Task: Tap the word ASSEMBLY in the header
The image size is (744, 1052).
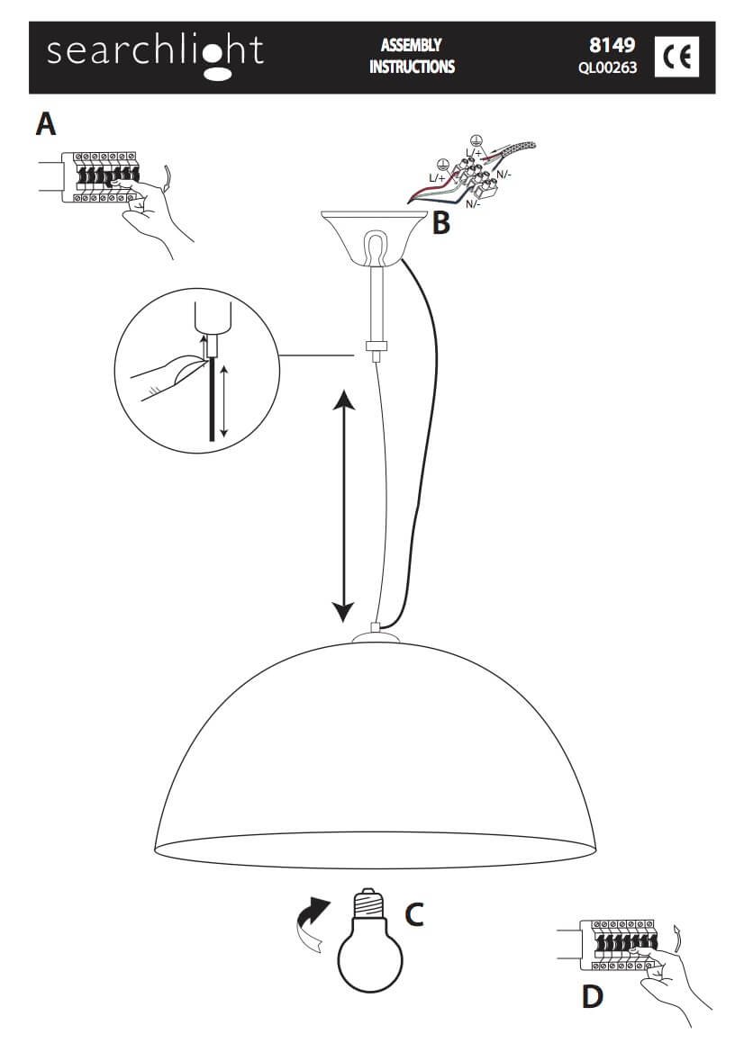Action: point(411,45)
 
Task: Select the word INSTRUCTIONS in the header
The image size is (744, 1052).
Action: point(412,67)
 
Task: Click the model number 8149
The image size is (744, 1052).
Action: point(612,45)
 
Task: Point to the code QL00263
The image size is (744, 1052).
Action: point(608,67)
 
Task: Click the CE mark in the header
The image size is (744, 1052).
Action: point(676,57)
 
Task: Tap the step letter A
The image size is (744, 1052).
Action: point(46,124)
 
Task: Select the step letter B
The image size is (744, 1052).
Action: point(440,223)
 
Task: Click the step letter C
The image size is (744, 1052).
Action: point(413,914)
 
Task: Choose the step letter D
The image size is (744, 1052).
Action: point(593,997)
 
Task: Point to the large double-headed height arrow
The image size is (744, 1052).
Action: point(344,506)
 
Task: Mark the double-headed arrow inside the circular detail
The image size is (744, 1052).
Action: point(223,402)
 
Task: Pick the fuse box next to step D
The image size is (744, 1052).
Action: point(619,945)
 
